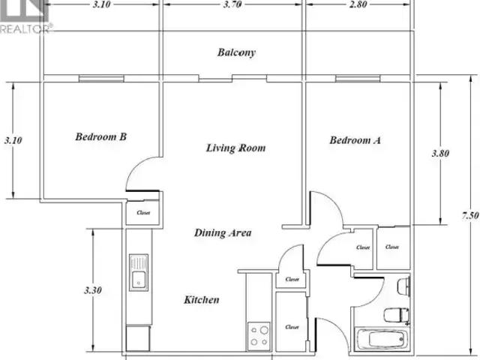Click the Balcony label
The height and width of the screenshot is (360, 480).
[236, 52]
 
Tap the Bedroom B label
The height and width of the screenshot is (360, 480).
[101, 136]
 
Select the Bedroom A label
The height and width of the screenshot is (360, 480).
[355, 140]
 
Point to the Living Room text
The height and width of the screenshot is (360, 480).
[235, 148]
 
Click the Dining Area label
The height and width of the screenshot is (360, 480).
[223, 232]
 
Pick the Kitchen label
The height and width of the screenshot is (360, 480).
[202, 299]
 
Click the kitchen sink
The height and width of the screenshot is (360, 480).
[139, 272]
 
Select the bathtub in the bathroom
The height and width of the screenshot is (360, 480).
[382, 338]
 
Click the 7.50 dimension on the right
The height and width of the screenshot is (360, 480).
[470, 215]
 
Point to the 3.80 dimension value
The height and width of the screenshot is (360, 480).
[440, 153]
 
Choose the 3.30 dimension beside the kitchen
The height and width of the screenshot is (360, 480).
[93, 290]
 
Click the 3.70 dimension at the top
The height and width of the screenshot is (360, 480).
[232, 4]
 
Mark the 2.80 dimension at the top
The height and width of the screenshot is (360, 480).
[358, 4]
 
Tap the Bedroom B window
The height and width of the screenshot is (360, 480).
[102, 79]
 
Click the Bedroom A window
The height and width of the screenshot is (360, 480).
[358, 79]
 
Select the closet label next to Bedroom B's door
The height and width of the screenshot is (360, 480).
[143, 212]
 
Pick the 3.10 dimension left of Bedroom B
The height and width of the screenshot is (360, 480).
[13, 140]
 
